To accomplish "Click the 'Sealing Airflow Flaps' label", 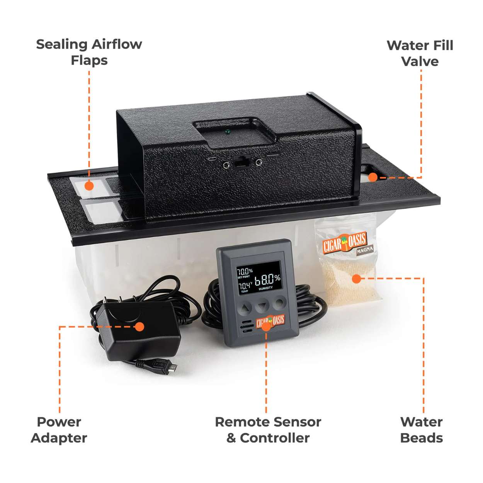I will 89,52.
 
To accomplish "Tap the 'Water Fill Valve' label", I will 420,53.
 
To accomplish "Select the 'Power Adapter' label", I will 59,430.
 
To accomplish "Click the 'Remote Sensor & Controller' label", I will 268,430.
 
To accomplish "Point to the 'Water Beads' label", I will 421,430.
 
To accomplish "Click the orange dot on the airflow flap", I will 89,186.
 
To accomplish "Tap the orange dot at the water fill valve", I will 372,177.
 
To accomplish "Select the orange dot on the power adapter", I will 140,327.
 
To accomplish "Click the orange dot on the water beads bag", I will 356,278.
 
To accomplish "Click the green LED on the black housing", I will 228,132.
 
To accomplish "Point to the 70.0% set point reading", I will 245,271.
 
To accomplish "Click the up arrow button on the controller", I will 246,308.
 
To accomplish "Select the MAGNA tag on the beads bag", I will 364,250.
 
